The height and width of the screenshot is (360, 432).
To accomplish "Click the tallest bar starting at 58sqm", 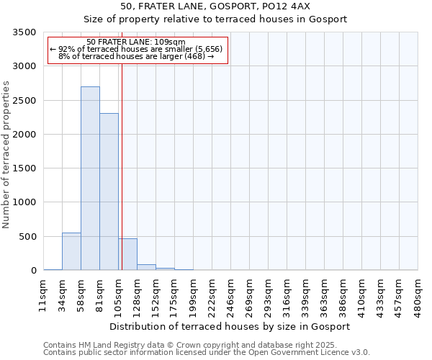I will (x=90, y=179).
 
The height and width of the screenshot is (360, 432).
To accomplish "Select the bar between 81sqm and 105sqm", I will (x=109, y=192).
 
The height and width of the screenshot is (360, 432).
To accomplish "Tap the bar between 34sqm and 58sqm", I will (x=71, y=251).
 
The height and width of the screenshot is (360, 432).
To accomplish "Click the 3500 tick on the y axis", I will (x=24, y=32).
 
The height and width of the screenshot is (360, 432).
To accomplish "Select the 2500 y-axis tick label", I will (x=24, y=101).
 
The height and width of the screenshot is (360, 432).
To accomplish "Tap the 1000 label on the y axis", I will (x=24, y=202).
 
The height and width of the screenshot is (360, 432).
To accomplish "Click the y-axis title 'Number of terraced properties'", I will (x=6, y=155).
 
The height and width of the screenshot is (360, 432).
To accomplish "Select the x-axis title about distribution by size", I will (x=230, y=326).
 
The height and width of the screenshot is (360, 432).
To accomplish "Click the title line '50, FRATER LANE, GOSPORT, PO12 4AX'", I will (x=215, y=6).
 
